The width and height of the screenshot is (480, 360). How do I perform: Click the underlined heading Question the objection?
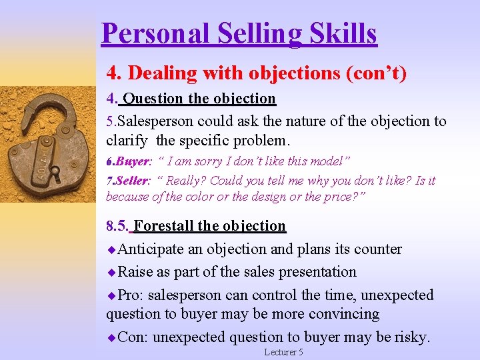(199, 99)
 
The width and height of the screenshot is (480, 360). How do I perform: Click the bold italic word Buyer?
(133, 161)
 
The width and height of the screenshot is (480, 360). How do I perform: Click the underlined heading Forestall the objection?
(209, 226)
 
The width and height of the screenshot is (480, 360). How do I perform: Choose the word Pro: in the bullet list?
(130, 295)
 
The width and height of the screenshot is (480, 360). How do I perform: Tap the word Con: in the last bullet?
(133, 337)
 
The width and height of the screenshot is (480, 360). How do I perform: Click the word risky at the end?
(412, 337)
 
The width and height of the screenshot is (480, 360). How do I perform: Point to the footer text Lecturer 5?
(283, 352)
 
